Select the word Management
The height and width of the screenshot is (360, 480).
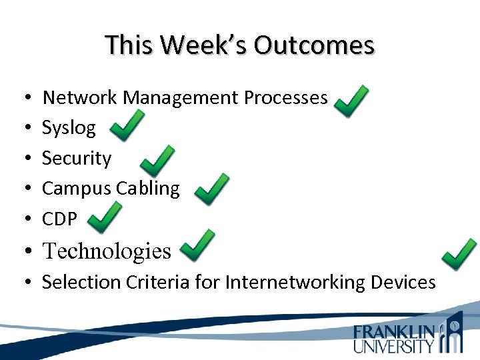[181, 98]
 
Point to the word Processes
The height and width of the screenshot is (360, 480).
[285, 98]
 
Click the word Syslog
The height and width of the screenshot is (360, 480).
[69, 128]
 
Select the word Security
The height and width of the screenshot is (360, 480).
[77, 159]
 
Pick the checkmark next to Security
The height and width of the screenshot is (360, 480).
[159, 161]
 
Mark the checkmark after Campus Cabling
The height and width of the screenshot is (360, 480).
[211, 189]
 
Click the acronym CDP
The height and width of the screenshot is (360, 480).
[59, 219]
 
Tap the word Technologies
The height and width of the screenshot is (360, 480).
[107, 251]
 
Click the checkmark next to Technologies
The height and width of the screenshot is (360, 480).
[198, 247]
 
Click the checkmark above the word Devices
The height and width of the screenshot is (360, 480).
[460, 255]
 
